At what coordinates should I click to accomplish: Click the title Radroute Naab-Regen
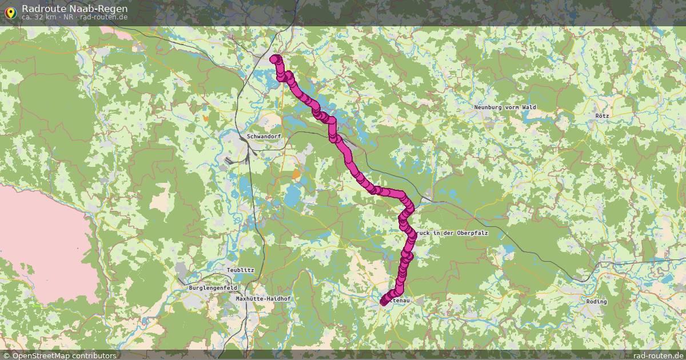[75, 9]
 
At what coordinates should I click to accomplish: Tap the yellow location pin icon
[10, 12]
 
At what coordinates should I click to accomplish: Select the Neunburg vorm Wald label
[504, 107]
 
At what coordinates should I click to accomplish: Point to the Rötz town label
[602, 115]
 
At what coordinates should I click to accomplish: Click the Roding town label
[596, 301]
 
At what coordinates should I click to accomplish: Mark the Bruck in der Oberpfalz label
[452, 233]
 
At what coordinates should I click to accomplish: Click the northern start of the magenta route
[275, 59]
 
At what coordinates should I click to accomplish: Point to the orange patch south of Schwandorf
[296, 174]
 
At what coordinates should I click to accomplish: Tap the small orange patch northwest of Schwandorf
[206, 118]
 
